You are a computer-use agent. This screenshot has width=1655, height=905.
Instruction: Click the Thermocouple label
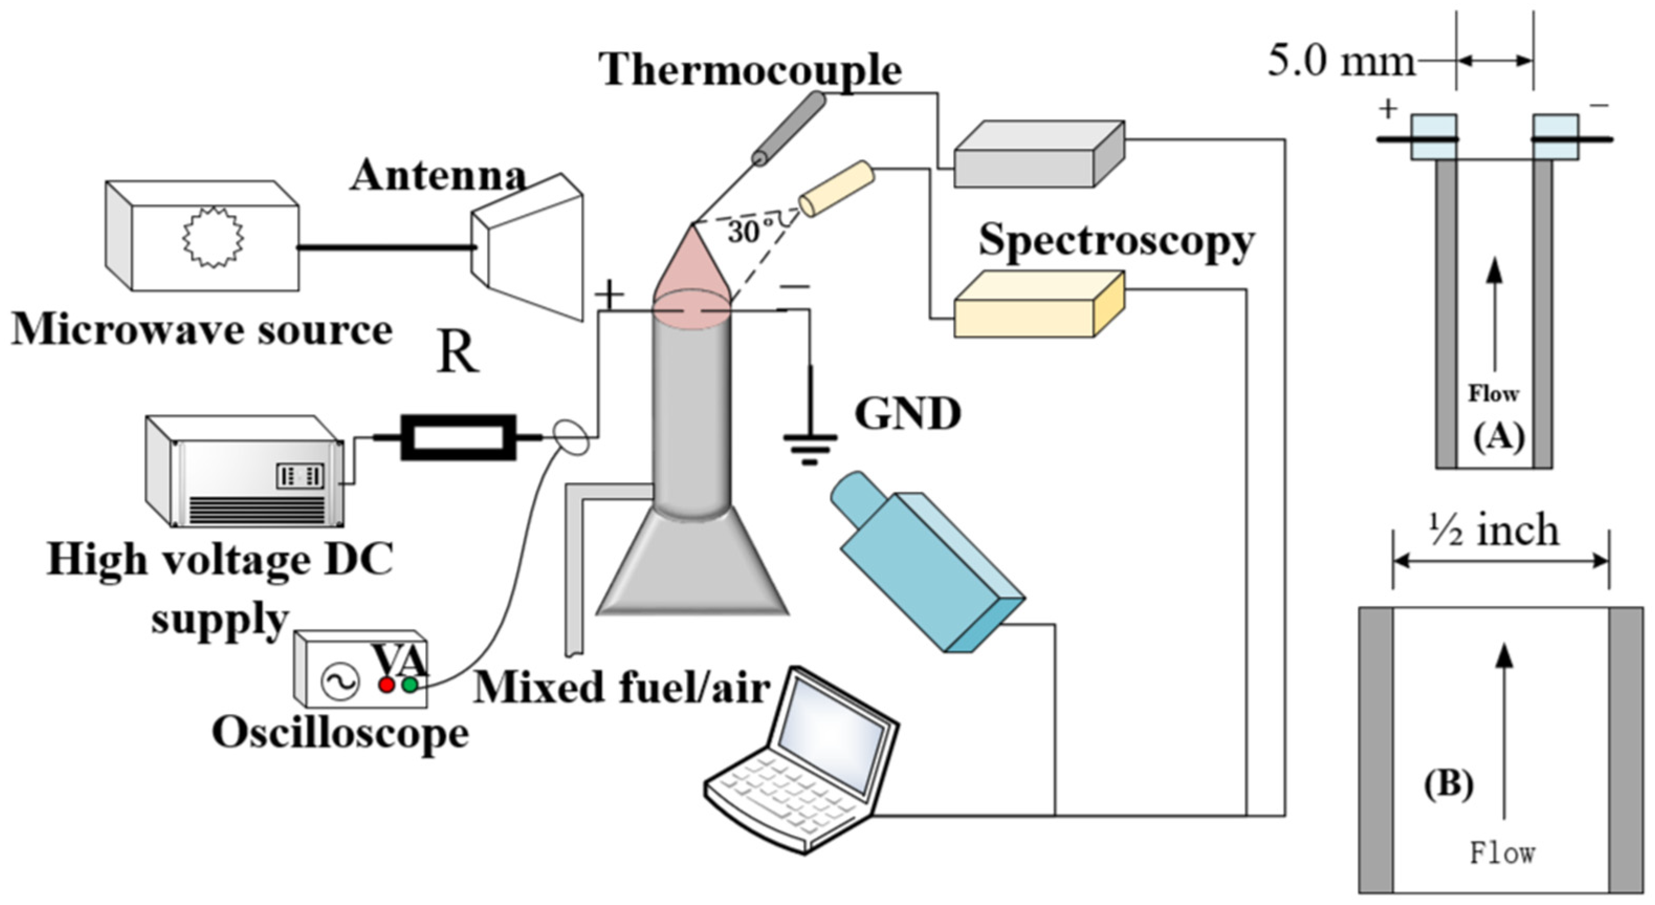click(x=750, y=69)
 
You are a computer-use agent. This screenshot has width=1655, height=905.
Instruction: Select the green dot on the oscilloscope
click(x=410, y=686)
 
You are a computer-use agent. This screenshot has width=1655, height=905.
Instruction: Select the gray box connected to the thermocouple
click(x=1038, y=157)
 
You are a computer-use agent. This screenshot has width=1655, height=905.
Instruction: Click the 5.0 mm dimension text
click(x=1341, y=63)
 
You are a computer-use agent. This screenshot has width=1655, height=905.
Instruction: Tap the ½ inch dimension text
click(x=1494, y=531)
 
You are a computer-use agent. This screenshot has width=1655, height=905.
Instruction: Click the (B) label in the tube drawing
click(x=1449, y=785)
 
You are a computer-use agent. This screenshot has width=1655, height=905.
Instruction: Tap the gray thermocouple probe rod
click(x=790, y=128)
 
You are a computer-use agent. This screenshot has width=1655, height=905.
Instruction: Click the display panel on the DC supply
click(x=301, y=476)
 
